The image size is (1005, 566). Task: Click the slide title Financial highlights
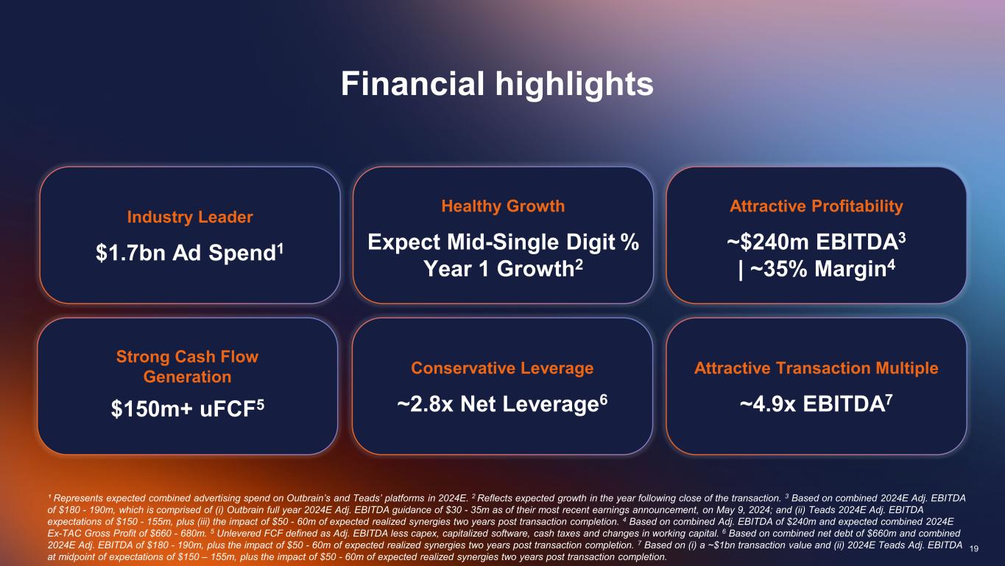[x=497, y=84]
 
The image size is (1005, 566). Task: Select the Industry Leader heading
[x=190, y=217]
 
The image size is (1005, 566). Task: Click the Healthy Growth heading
[x=503, y=206]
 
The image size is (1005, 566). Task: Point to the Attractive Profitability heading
[x=816, y=206]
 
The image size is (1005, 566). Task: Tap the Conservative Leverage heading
[x=502, y=368]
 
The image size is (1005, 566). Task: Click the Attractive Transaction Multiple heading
[x=816, y=368]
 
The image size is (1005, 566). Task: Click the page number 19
[x=973, y=548]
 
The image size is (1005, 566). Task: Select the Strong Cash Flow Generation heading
[x=187, y=366]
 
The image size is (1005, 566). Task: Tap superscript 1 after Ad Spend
[x=281, y=248]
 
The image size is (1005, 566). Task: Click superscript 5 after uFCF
[x=260, y=405]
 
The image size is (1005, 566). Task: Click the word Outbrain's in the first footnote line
[x=308, y=498]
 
